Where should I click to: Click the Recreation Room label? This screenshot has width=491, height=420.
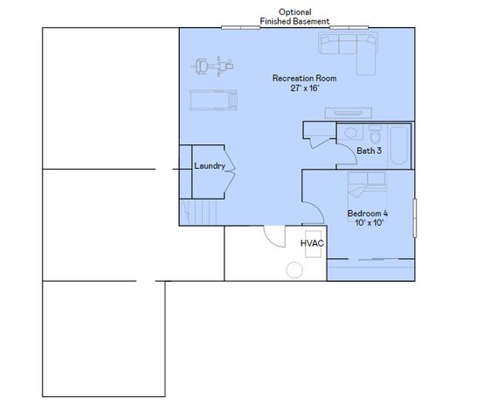coord(303,79)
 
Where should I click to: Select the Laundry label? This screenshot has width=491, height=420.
coord(210,166)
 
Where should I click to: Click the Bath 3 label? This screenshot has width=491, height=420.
coord(370,151)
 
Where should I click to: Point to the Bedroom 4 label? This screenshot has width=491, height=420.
coord(367,213)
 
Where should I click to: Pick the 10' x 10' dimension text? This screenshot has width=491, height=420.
coord(367,223)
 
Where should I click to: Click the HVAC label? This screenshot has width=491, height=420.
coord(312,243)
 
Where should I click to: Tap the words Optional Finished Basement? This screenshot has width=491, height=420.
coord(294,17)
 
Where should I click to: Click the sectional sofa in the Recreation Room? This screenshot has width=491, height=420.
coord(349,47)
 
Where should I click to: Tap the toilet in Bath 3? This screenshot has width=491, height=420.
coord(376,135)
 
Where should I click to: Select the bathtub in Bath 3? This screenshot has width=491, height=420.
coord(400,145)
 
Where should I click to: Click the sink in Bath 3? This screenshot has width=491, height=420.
coord(349,133)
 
